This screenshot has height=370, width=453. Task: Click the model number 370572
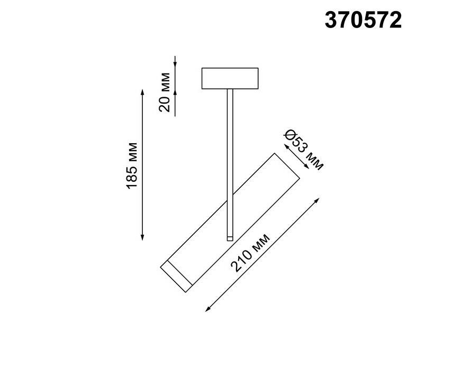click(x=363, y=20)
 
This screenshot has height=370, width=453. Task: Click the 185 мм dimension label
click(x=132, y=165)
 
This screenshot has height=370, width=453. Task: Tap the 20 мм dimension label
click(x=165, y=92)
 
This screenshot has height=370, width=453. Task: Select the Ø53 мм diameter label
click(x=303, y=150)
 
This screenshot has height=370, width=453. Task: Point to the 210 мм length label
click(x=250, y=252)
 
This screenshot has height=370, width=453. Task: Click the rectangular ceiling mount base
click(x=230, y=78)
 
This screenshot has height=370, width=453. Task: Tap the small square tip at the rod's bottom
click(x=230, y=238)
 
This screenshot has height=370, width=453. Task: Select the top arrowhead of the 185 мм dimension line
click(x=142, y=92)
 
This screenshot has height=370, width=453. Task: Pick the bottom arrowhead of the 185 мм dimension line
click(x=142, y=237)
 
